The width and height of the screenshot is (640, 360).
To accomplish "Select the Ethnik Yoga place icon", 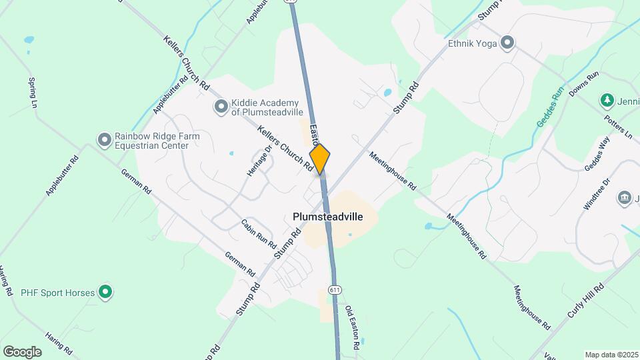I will tap(507, 44).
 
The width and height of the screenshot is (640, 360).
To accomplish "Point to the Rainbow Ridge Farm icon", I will tap(104, 140).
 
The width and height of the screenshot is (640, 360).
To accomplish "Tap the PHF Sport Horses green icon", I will tap(105, 291).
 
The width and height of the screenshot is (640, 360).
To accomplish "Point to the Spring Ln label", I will tap(32, 93).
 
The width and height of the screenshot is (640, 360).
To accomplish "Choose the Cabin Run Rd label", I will tap(258, 233).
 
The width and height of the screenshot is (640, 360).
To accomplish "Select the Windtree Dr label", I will tap(597, 194).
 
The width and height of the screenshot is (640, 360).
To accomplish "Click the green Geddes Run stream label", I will tap(551, 107).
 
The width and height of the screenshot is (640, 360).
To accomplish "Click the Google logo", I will tap(22, 351).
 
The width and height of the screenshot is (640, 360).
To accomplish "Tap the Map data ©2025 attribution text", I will tap(611, 355).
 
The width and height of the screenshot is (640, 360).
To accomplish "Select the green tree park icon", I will tap(607, 101).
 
